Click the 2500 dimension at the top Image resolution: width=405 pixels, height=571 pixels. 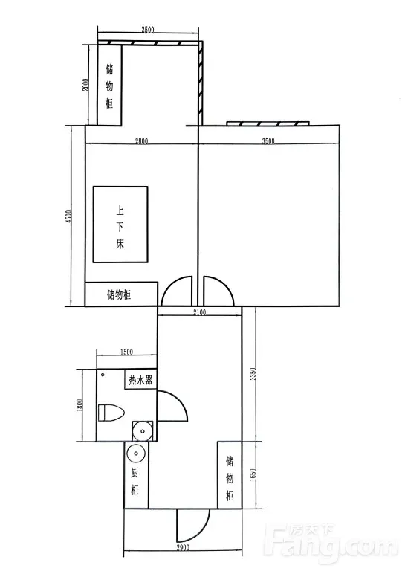tap(147, 30)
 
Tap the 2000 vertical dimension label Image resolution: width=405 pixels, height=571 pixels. tap(86, 85)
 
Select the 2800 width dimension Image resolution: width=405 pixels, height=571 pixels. tap(141, 141)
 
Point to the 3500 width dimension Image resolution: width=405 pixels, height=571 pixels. tap(268, 141)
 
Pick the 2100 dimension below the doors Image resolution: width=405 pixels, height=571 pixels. tap(199, 312)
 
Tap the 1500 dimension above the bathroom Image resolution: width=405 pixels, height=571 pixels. tap(126, 352)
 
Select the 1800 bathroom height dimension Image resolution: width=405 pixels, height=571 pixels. tap(80, 405)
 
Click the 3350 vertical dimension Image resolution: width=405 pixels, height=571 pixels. tap(253, 374)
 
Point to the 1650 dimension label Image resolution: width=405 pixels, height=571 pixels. tap(253, 475)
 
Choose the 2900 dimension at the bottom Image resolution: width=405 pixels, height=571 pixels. tap(182, 547)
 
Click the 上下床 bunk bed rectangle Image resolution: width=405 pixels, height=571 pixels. tap(120, 225)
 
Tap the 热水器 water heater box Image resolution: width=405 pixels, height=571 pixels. tap(140, 379)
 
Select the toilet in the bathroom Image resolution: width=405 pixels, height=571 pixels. tap(111, 413)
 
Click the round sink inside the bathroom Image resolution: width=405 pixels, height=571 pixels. tap(143, 430)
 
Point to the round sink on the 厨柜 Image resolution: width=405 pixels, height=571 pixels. tap(136, 454)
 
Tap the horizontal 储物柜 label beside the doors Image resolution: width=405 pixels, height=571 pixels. tap(119, 294)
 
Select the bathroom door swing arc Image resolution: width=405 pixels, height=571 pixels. tap(182, 401)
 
